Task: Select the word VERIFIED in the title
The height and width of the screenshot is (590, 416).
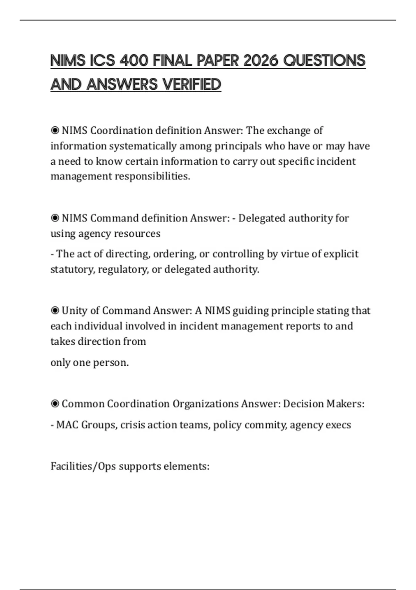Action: pos(192,84)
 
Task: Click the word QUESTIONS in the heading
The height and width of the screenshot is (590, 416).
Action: pos(324,61)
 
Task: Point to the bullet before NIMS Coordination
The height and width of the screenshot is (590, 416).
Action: pos(55,130)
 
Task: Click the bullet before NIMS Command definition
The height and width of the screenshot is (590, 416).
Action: pos(55,218)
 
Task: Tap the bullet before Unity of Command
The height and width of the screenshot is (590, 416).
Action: pos(55,310)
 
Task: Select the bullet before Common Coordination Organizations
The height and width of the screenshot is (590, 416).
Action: pos(55,404)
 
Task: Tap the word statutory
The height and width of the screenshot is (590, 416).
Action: pos(72,269)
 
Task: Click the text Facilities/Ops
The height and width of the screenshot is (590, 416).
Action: pos(83,466)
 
